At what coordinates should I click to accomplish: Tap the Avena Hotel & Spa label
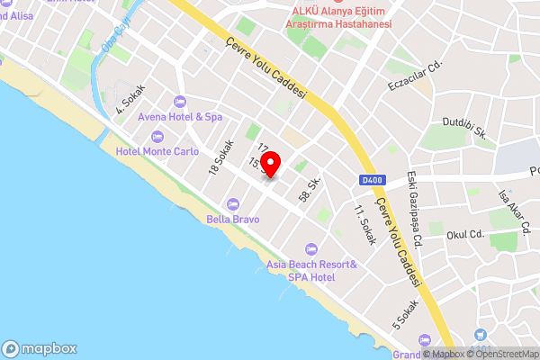point(180,117)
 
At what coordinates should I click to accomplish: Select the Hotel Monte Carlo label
point(157,151)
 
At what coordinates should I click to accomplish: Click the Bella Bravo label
point(233,219)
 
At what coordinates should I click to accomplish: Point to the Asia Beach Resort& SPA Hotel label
point(311,270)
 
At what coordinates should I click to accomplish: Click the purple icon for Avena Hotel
point(180,101)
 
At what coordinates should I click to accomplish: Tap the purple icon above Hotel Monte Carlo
point(157,136)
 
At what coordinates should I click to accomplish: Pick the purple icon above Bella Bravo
point(233,203)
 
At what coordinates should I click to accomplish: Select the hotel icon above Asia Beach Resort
point(311,248)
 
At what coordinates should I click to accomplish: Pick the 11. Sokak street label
point(364,224)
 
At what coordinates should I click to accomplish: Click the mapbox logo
point(40,349)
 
